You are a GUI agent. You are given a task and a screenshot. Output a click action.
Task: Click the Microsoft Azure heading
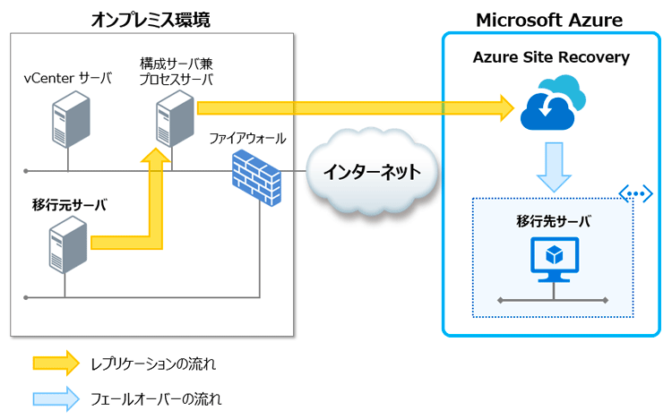point(548,20)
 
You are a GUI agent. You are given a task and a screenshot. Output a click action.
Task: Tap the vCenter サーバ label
point(68,78)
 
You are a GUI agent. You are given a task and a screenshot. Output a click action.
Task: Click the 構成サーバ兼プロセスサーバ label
point(177,72)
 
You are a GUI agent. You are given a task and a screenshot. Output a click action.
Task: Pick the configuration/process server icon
point(174,120)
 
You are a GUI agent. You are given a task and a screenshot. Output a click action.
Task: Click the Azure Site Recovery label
point(551,58)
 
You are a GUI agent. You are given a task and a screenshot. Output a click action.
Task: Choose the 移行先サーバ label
point(553,220)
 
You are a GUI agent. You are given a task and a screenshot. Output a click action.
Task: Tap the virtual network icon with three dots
point(634,192)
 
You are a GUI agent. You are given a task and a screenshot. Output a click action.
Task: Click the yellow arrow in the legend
point(56,363)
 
